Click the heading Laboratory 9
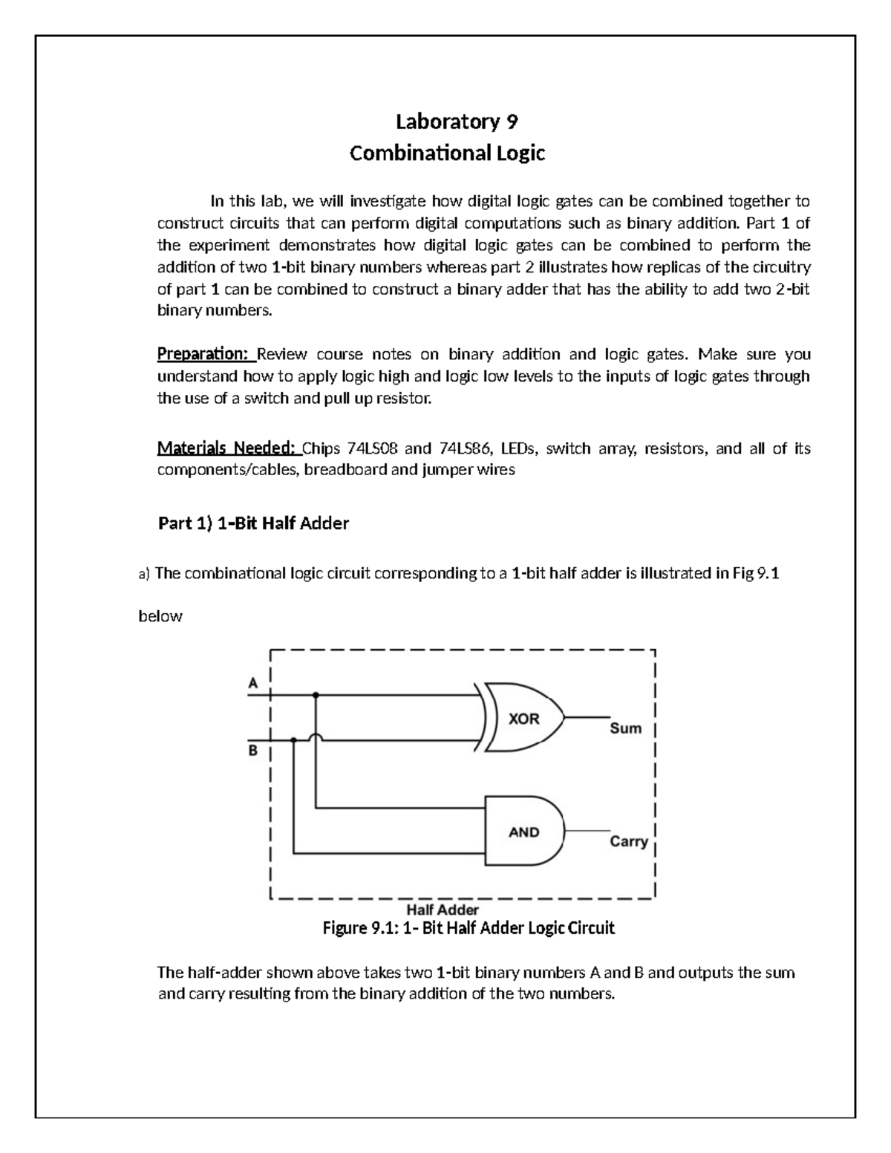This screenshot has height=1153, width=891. coord(446,122)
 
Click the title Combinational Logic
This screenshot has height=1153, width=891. coord(447,154)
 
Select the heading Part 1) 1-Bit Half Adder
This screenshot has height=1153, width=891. coord(253,523)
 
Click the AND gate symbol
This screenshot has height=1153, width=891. coord(523,832)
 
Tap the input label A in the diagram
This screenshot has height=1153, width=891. coord(253,683)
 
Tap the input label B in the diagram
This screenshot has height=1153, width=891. coord(253,751)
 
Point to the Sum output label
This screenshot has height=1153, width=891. coord(625,728)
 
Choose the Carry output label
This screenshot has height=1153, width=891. coord(629,841)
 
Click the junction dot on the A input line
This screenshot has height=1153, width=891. coord(316,696)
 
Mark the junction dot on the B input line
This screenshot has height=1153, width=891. coord(294,740)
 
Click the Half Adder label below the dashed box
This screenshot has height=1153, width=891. coord(443,909)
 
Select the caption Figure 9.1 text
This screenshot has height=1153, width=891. coord(468,928)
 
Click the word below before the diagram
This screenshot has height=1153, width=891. coord(160,616)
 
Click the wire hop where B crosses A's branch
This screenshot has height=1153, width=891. coord(316,739)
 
